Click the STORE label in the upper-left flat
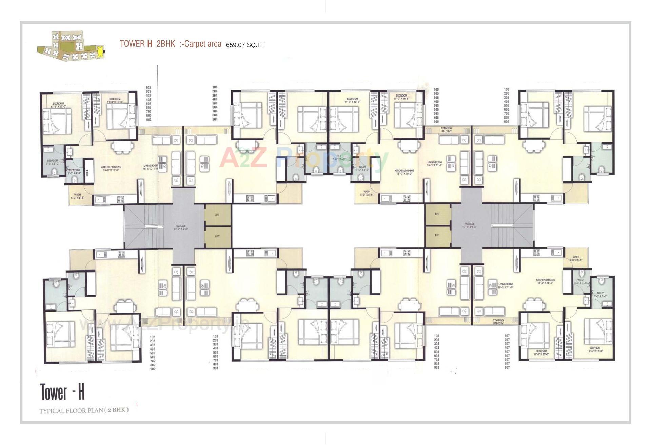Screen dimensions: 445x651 click(87, 173)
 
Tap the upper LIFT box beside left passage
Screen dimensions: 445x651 click(217, 215)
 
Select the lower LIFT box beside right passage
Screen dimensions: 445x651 click(437, 235)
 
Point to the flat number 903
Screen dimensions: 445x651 click(149, 120)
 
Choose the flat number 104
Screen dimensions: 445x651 click(215, 87)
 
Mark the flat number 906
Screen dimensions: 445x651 click(507, 121)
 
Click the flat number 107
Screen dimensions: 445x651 click(507, 336)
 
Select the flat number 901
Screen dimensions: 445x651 click(215, 368)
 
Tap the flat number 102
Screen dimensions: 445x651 click(153, 337)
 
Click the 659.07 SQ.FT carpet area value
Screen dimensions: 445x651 click(245, 45)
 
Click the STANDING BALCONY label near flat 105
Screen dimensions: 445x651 click(447, 130)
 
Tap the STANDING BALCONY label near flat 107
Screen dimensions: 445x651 click(498, 322)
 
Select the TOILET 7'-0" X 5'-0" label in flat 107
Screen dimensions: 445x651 click(600, 295)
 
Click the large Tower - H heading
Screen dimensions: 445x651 click(62, 392)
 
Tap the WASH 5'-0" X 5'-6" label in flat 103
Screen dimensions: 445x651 click(77, 196)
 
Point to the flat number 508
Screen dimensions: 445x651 click(436, 352)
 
